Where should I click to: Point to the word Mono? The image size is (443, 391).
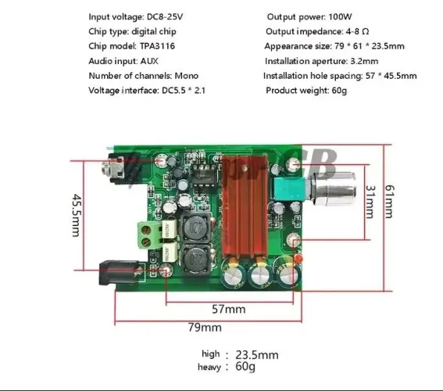(x=185, y=76)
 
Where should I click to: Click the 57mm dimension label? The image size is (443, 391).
(x=229, y=309)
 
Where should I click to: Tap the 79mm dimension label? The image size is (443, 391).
(x=204, y=327)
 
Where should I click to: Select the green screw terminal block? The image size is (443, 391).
(x=149, y=232)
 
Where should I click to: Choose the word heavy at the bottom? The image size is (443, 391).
(x=210, y=366)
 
